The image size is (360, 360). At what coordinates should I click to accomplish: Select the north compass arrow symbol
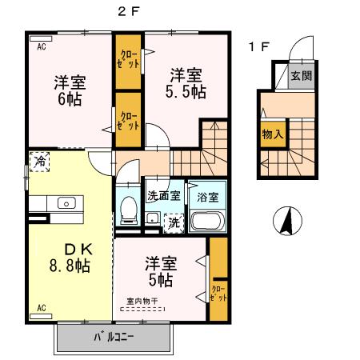tap(284, 220)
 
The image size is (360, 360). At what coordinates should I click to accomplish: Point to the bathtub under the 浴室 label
tap(207, 222)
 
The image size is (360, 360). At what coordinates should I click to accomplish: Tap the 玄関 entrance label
tap(301, 77)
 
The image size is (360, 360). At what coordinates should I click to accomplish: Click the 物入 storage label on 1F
tap(272, 134)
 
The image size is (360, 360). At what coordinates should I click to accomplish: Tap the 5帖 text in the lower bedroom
tap(160, 281)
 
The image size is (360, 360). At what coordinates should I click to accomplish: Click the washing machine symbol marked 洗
tap(173, 222)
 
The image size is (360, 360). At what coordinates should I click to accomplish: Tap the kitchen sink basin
tap(65, 202)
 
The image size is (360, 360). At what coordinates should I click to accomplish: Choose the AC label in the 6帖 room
tap(41, 46)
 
